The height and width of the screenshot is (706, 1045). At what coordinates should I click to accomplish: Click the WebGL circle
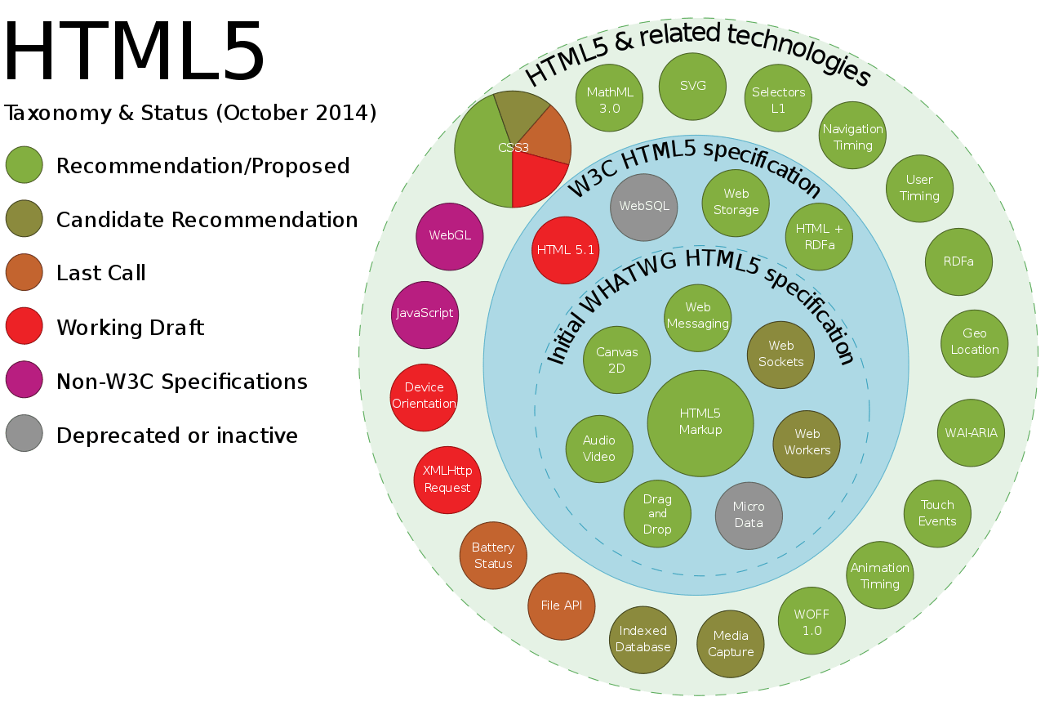pyautogui.click(x=449, y=235)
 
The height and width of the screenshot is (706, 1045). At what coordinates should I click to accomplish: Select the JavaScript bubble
pyautogui.click(x=425, y=315)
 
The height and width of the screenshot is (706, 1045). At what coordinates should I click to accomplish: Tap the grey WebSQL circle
pyautogui.click(x=644, y=207)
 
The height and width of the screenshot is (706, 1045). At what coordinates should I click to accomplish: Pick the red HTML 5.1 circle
pyautogui.click(x=565, y=250)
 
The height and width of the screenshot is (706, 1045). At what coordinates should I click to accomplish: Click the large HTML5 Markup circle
pyautogui.click(x=700, y=422)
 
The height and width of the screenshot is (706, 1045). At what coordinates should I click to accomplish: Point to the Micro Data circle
pyautogui.click(x=749, y=516)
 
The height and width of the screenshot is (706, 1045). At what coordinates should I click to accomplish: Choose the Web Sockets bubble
pyautogui.click(x=780, y=354)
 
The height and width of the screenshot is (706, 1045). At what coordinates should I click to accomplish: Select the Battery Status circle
pyautogui.click(x=493, y=556)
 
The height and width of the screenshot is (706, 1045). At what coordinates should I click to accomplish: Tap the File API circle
pyautogui.click(x=562, y=606)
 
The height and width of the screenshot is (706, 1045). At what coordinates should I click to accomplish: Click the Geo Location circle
pyautogui.click(x=974, y=342)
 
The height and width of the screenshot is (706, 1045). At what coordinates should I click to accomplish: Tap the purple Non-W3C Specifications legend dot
pyautogui.click(x=24, y=381)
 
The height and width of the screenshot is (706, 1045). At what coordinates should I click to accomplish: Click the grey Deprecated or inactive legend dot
pyautogui.click(x=24, y=435)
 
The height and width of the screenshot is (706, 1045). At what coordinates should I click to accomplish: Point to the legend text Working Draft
pyautogui.click(x=130, y=328)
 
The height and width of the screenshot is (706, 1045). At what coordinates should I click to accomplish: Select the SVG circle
pyautogui.click(x=692, y=86)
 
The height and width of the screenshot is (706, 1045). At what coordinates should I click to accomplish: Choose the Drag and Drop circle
pyautogui.click(x=657, y=514)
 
